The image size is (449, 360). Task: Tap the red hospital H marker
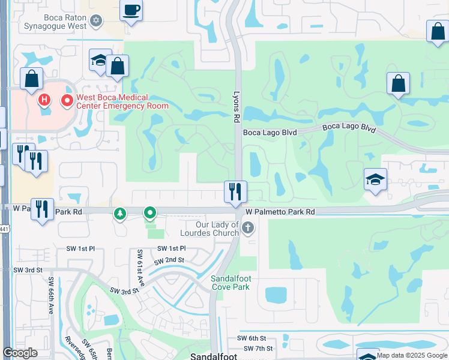[x=43, y=99]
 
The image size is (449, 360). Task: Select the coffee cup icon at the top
[x=131, y=11]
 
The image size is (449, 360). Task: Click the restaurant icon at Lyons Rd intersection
[x=235, y=191]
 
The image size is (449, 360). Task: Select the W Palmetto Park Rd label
[x=280, y=212]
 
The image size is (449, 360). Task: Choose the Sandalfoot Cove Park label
[x=234, y=283]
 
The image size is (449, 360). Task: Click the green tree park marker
[x=120, y=213]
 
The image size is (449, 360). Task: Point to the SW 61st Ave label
[x=141, y=267]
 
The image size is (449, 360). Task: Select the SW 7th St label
[x=259, y=348]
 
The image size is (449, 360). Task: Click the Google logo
[x=20, y=353]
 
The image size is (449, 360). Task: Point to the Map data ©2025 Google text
[x=412, y=355]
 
